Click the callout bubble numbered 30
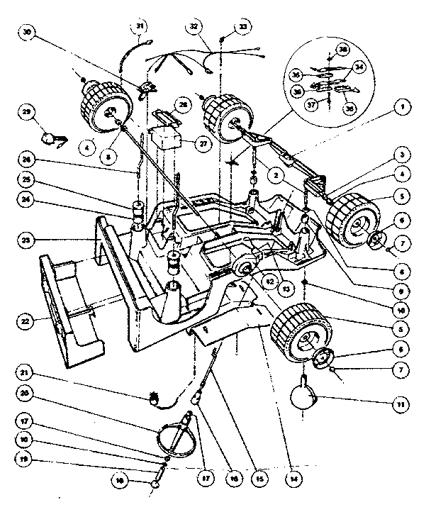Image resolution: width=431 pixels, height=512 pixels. [x=28, y=32]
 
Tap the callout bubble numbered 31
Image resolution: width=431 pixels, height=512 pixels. [x=140, y=28]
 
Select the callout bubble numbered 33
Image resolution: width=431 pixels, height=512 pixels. [x=244, y=27]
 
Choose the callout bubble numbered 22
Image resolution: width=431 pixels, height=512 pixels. [x=26, y=321]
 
